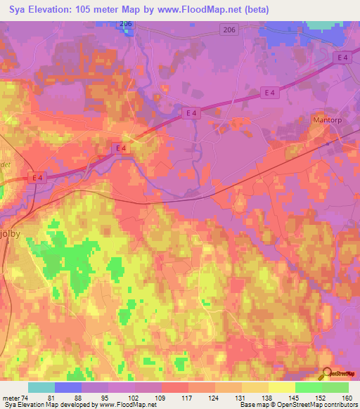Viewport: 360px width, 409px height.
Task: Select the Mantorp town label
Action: point(325,120)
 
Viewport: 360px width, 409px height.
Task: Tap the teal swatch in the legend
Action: point(41,387)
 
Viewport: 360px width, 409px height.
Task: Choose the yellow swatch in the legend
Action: point(281,387)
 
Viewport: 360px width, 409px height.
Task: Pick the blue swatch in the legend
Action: point(68,387)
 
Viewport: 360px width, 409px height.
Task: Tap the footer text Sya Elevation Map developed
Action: point(49,405)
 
